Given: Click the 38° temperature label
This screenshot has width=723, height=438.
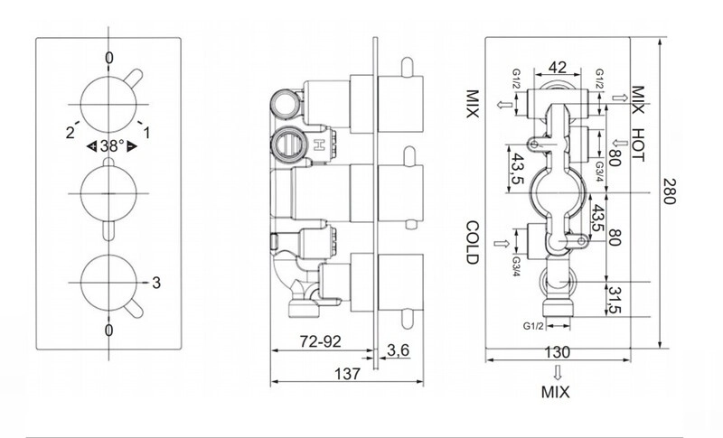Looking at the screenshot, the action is point(112,146).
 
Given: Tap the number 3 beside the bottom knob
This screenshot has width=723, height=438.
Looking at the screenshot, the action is point(156,283).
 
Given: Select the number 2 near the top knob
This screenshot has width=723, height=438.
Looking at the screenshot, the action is point(70,133).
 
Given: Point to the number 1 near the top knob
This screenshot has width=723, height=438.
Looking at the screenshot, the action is point(146,133).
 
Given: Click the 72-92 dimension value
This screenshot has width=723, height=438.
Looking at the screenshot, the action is point(321,341).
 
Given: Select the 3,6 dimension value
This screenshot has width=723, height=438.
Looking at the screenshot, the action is point(398,350).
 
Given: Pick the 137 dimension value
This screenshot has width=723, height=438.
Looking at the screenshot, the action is point(347,374).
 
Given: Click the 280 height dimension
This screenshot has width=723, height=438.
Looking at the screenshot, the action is point(668,191).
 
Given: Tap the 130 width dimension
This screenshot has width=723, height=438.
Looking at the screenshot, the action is point(558,352).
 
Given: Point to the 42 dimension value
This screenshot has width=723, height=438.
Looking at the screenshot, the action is point(558,68).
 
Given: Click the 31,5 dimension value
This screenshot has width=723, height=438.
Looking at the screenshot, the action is point(615,300).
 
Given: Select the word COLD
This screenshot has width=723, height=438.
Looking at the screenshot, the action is point(473,243).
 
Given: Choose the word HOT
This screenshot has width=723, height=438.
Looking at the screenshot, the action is point(637,144).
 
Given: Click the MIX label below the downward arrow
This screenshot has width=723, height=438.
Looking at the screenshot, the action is point(556,392).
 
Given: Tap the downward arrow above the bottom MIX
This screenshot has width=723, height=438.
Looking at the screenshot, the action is point(558,372).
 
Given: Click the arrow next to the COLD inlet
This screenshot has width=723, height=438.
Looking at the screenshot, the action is point(502,243).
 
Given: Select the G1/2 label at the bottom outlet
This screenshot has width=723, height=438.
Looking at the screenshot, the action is point(533,326).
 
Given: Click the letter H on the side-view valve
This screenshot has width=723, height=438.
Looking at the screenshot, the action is point(318,145).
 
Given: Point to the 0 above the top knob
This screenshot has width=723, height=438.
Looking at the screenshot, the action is point(108,58).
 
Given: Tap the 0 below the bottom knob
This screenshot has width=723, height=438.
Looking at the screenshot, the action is point(108,331).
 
